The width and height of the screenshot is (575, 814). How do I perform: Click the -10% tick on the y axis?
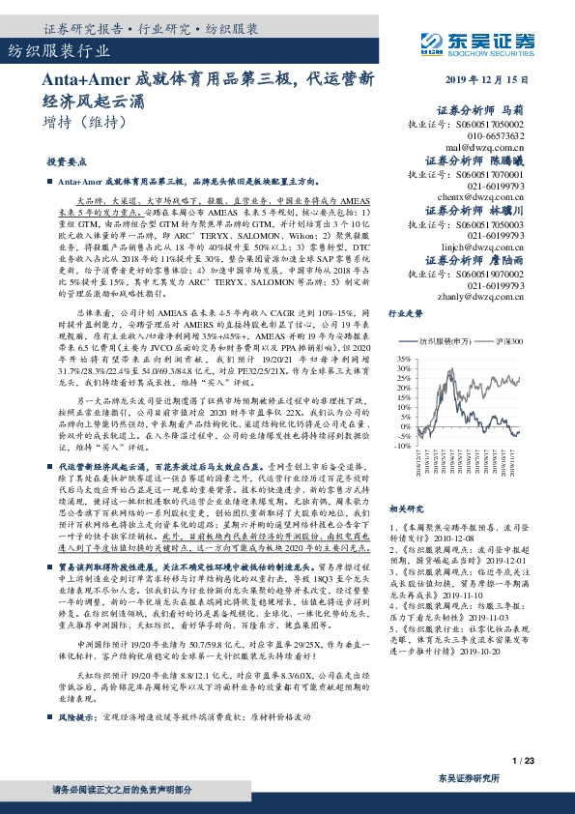(x=398, y=446)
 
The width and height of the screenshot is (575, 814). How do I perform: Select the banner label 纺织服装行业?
(x=48, y=50)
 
